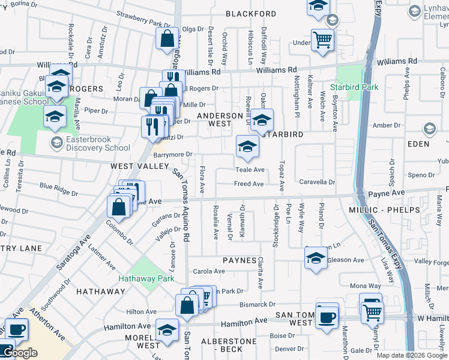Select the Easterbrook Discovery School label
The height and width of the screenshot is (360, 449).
pos(90,143)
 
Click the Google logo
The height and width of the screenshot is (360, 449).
pos(19,353)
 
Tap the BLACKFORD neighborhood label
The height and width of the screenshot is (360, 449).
pos(251,14)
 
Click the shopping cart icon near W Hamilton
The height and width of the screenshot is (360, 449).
pos(372,311)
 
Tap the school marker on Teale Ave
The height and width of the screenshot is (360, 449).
pos(247,145)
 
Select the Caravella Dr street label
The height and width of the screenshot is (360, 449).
pos(317,182)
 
